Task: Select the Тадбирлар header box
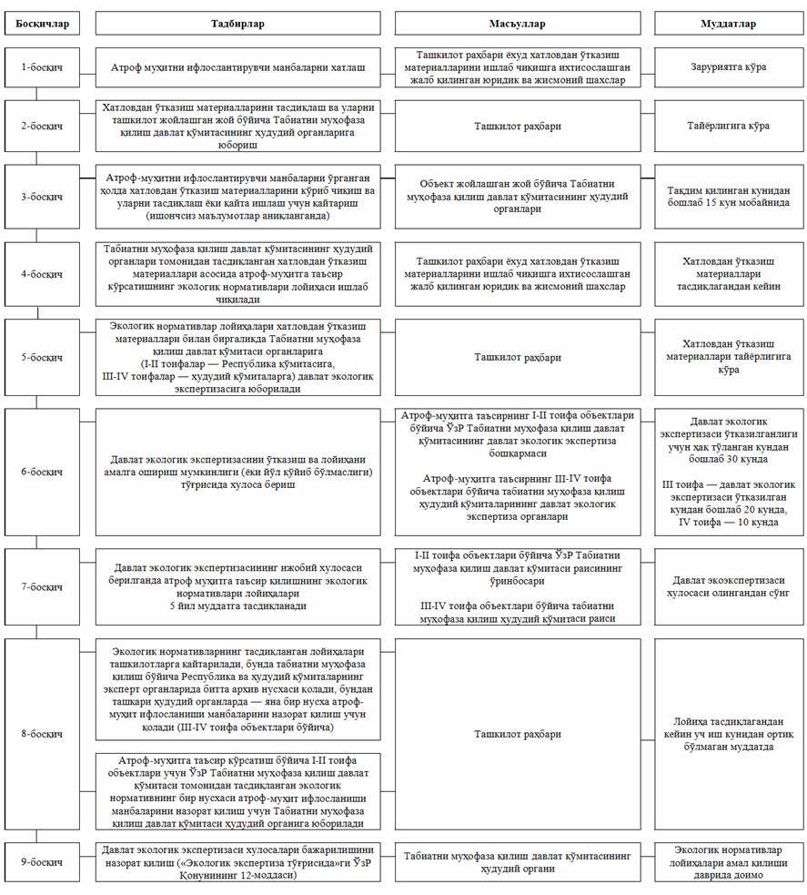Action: point(238,23)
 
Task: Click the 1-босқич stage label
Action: point(43,67)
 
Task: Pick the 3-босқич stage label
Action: point(43,197)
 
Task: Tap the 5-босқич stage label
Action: point(43,357)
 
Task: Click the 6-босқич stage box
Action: point(43,472)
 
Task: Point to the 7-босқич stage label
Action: point(43,587)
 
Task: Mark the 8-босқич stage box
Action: point(43,734)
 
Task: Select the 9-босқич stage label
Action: point(43,861)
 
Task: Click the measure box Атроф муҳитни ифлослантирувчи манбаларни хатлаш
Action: point(238,67)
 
